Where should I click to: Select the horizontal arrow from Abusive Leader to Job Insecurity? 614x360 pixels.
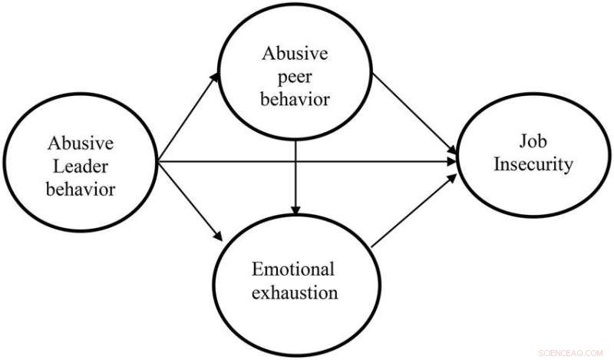(307, 162)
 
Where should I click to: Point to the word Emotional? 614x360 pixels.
(295, 270)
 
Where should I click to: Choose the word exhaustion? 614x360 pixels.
(295, 292)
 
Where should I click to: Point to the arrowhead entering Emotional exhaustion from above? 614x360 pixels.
(296, 213)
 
